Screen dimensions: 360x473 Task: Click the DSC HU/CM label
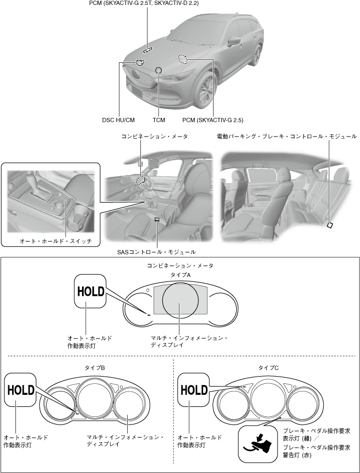tap(118, 120)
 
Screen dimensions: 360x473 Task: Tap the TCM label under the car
tap(159, 120)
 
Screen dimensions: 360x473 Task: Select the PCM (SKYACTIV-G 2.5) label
tap(212, 120)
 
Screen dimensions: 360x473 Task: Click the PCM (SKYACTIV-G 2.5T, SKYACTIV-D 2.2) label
tap(144, 3)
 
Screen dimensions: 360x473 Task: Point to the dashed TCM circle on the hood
tap(159, 70)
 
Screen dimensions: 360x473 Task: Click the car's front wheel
tap(205, 90)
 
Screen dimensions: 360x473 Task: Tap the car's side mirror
tap(234, 41)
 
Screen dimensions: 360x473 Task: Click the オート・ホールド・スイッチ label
tap(56, 241)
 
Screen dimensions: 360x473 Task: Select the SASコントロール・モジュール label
tap(156, 252)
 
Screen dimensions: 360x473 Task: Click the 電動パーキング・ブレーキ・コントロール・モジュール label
tap(286, 137)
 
